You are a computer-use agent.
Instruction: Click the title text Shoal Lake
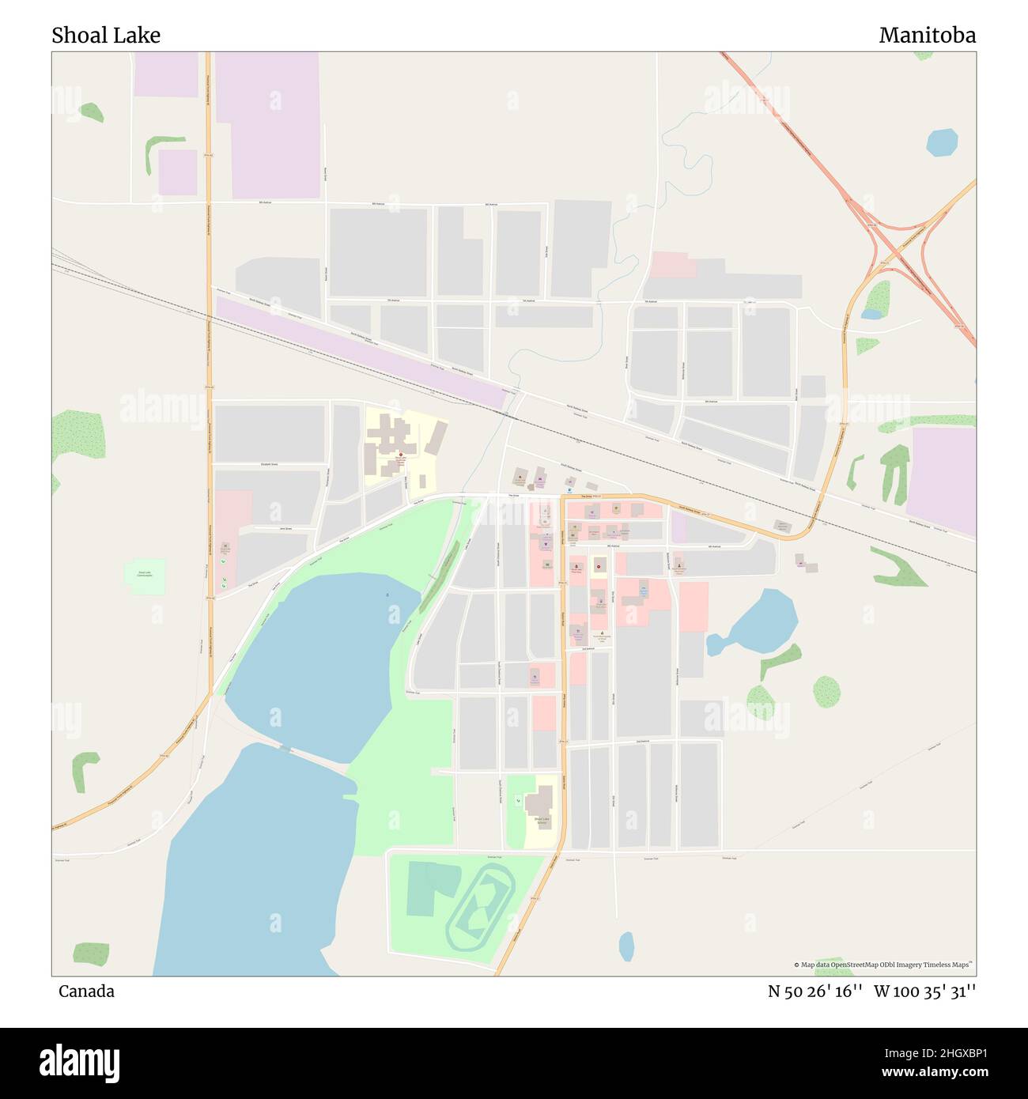[x=106, y=36]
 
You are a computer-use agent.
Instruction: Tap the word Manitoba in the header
[x=927, y=36]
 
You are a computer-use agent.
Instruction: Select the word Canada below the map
[x=86, y=991]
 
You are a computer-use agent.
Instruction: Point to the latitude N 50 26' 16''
[x=815, y=991]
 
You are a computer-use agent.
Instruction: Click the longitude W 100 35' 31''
[x=924, y=991]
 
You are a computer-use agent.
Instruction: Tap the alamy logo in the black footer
[x=80, y=1062]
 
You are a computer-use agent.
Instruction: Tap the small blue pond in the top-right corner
[x=942, y=142]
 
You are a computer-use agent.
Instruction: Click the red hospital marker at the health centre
[x=401, y=456]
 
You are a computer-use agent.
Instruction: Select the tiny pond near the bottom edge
[x=626, y=946]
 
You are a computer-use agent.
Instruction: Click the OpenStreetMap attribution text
[x=886, y=965]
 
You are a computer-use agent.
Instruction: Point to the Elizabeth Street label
[x=269, y=464]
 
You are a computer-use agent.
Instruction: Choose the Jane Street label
[x=285, y=528]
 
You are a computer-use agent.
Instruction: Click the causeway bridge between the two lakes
[x=285, y=748]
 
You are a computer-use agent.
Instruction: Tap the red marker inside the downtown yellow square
[x=599, y=565]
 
